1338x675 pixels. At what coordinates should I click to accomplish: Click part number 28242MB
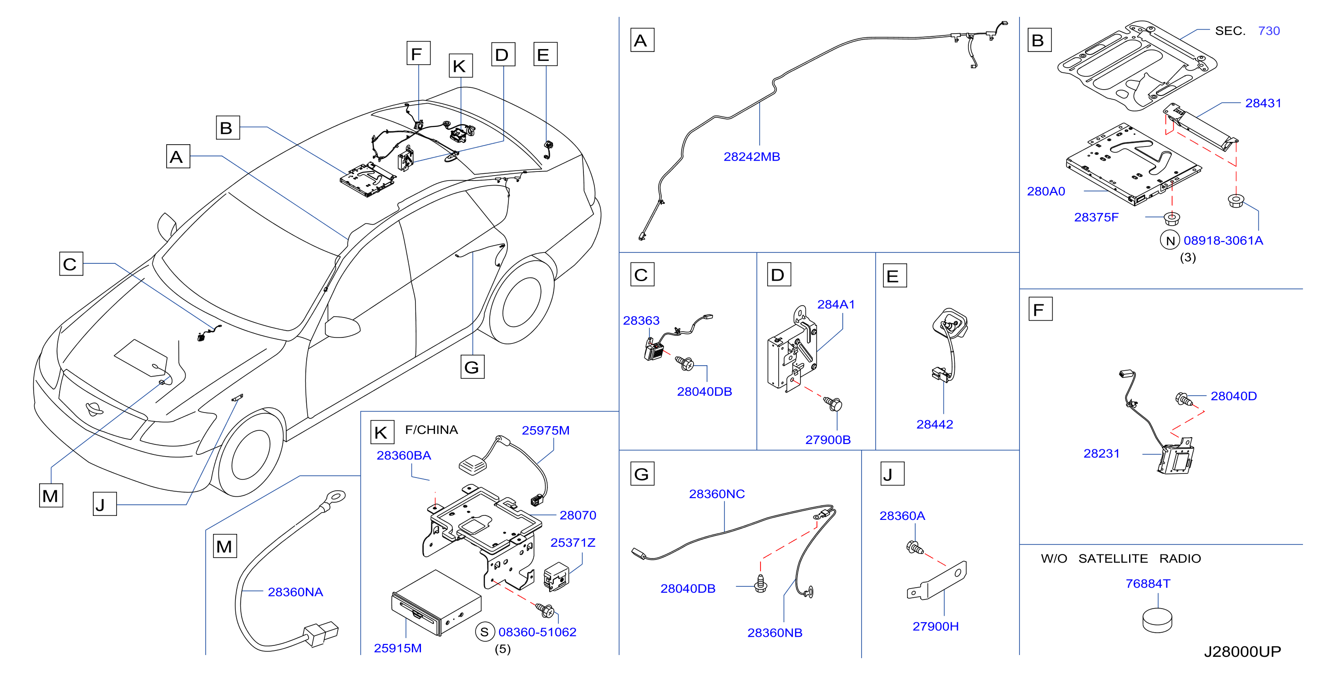tap(751, 157)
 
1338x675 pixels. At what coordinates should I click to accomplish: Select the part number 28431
tap(1263, 103)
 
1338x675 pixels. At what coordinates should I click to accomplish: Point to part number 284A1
tap(836, 305)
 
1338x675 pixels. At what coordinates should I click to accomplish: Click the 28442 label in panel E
tap(934, 425)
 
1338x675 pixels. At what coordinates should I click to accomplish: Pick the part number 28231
tap(1101, 454)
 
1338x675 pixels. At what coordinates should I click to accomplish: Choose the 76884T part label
tap(1148, 584)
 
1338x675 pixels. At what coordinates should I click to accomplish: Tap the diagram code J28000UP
tap(1242, 652)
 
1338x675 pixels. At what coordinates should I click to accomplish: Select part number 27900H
tap(935, 627)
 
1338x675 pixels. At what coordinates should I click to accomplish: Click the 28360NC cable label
tap(717, 494)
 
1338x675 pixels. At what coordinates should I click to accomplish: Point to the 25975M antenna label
tap(545, 431)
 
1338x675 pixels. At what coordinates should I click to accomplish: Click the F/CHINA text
tap(431, 430)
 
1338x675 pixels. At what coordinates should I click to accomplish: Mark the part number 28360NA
tap(295, 592)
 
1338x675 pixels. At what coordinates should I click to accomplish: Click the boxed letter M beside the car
tap(51, 495)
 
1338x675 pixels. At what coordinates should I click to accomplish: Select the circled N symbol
tap(1170, 241)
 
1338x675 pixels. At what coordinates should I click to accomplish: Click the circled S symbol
tap(485, 632)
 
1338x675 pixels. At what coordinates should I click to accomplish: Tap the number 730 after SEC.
tap(1269, 31)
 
